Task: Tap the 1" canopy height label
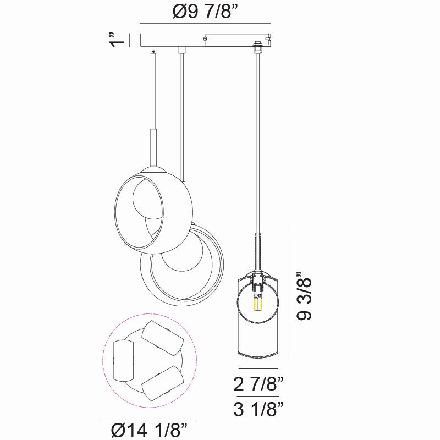[115, 41]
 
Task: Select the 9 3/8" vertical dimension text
[304, 296]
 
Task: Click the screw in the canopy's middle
[205, 38]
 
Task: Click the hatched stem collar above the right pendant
[256, 250]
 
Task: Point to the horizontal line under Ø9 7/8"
[206, 24]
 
